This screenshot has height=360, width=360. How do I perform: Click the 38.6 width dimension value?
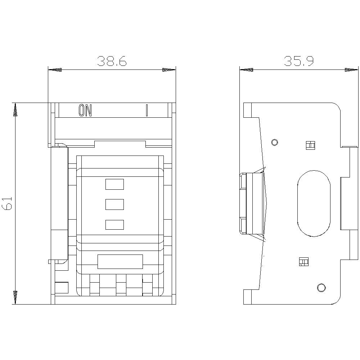tap(112, 62)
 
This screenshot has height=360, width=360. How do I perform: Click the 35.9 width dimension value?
tap(299, 62)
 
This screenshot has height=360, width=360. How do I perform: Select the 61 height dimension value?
tap(8, 203)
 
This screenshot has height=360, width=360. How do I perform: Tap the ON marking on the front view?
tap(85, 111)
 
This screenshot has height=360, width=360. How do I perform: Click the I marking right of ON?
tap(147, 111)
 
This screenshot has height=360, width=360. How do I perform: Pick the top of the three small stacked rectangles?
tap(114, 184)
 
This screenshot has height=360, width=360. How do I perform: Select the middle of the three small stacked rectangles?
tap(114, 204)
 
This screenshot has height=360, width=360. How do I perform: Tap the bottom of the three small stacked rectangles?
tap(114, 225)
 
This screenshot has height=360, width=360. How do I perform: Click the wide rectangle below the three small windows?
tap(120, 262)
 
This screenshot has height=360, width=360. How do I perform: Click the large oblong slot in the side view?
tap(314, 203)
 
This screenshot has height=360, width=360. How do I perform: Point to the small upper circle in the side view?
tap(275, 142)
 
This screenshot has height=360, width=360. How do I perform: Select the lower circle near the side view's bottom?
tap(321, 287)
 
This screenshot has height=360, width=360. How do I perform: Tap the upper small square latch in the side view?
tap(310, 145)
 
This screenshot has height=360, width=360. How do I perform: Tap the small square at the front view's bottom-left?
tap(62, 288)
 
